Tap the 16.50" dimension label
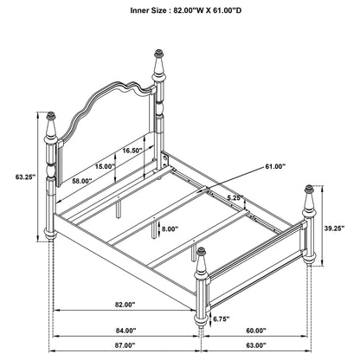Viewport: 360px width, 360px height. tap(132, 150)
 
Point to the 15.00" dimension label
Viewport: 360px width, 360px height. tap(105, 165)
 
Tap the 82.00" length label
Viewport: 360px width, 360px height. tap(124, 305)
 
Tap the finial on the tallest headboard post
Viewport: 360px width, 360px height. tap(158, 65)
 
